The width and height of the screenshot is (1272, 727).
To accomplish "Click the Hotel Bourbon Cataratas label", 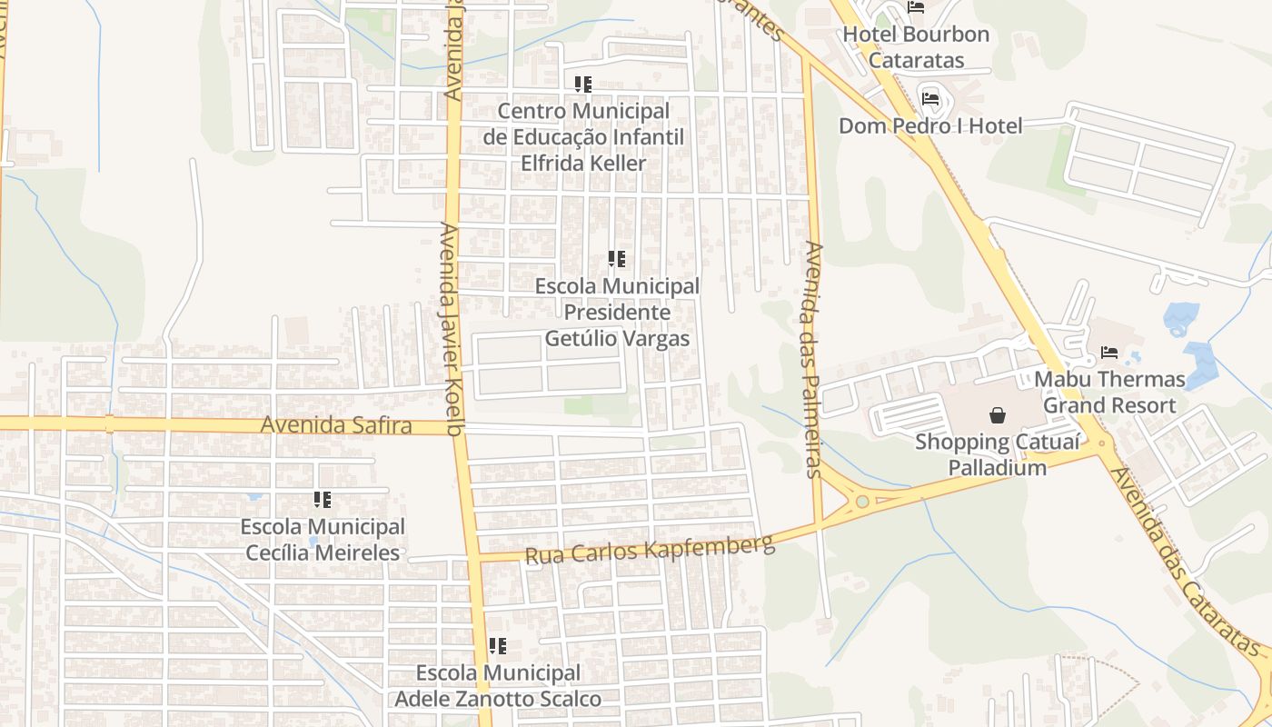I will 915,47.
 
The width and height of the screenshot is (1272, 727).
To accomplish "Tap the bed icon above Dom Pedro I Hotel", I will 929,98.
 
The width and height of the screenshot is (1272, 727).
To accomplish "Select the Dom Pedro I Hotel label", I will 930,125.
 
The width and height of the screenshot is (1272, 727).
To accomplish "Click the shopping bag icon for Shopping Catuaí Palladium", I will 998,415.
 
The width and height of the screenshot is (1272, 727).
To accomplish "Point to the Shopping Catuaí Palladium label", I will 998,455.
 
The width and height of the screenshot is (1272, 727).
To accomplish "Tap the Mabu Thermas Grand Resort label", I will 1109,392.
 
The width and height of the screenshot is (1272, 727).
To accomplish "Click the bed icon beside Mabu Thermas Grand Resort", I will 1108,352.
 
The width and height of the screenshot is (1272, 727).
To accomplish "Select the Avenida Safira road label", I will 336,425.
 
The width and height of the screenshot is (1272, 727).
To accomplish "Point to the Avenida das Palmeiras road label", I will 813,358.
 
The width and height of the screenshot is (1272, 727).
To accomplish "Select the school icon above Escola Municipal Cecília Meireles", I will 323,500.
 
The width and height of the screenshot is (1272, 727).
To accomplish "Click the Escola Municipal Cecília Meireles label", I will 323,540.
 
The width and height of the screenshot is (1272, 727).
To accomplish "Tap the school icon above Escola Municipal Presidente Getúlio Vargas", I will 617,259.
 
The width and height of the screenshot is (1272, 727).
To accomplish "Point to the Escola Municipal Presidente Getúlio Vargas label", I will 617,313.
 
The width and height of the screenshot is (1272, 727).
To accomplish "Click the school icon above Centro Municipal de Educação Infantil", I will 583,85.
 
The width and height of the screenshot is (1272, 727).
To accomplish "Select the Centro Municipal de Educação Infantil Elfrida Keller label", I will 583,137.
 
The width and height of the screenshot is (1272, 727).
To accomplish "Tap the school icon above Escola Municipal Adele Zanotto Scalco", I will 498,646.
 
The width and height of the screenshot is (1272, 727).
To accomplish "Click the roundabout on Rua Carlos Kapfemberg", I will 860,501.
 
